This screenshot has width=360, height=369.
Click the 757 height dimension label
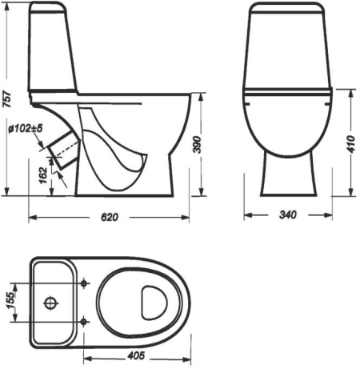coord(7,97)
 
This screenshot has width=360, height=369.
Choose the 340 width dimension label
coord(288,215)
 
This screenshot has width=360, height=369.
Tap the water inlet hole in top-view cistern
coord(50,303)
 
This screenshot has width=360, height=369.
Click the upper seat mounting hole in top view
coord(85,281)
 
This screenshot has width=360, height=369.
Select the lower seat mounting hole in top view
coord(85,323)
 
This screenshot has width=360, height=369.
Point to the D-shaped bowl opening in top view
coord(152,302)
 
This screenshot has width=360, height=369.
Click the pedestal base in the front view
coord(287,176)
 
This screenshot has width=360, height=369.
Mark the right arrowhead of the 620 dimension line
coord(194,217)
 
